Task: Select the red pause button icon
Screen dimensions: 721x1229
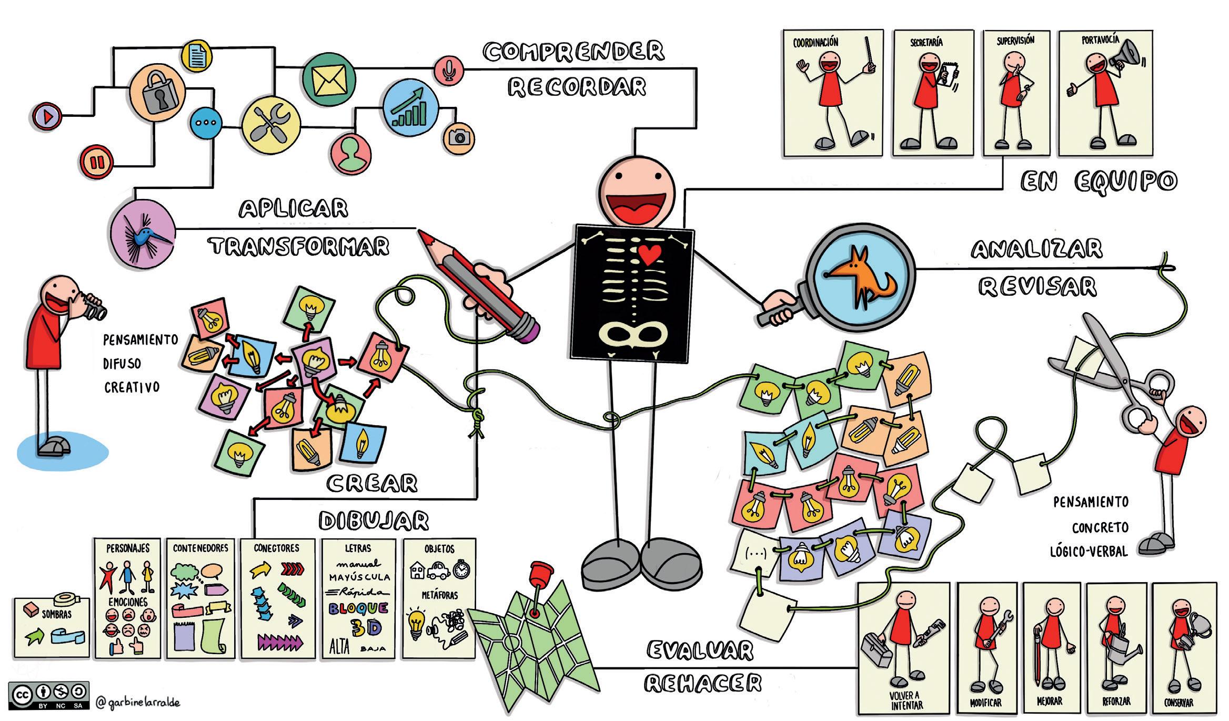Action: pyautogui.click(x=97, y=162)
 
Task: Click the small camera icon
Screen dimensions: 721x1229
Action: pyautogui.click(x=459, y=138)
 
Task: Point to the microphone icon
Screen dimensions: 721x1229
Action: pyautogui.click(x=449, y=70)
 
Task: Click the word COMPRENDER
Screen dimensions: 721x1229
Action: pyautogui.click(x=573, y=52)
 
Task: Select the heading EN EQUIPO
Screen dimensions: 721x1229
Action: pyautogui.click(x=1098, y=182)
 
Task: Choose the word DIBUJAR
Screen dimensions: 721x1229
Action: pyautogui.click(x=374, y=521)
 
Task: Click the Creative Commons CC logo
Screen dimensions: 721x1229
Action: pyautogui.click(x=22, y=694)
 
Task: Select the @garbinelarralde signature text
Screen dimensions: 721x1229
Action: pyautogui.click(x=138, y=703)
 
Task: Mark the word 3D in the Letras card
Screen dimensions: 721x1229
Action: pyautogui.click(x=366, y=628)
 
